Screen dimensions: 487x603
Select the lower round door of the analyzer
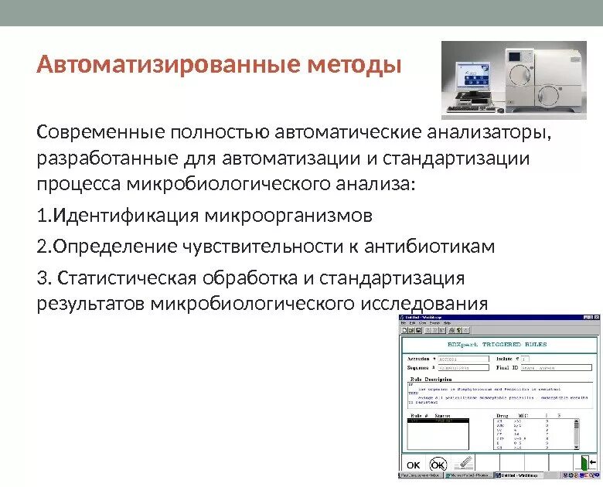pos(550,95)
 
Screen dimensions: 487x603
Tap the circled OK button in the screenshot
pos(438,464)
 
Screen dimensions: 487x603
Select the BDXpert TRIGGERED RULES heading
pos(497,344)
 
